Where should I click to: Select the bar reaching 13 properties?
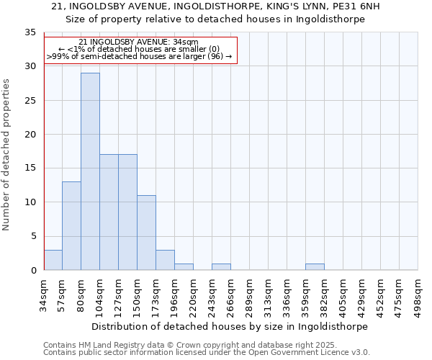pyautogui.click(x=71, y=226)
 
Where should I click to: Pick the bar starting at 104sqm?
pyautogui.click(x=109, y=212)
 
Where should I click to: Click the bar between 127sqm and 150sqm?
pyautogui.click(x=127, y=212)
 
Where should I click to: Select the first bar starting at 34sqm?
pyautogui.click(x=53, y=260)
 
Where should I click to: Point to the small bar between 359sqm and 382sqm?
pyautogui.click(x=315, y=267)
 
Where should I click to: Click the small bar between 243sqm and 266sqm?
pyautogui.click(x=221, y=267)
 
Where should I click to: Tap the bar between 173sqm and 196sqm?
pyautogui.click(x=165, y=260)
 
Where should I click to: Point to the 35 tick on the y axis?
pyautogui.click(x=30, y=32)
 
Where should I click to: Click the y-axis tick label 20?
pyautogui.click(x=30, y=135)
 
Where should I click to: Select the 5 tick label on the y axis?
pyautogui.click(x=33, y=236)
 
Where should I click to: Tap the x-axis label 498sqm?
pyautogui.click(x=418, y=295)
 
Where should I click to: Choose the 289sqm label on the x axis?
pyautogui.click(x=249, y=295)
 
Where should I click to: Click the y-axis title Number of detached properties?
pyautogui.click(x=6, y=155)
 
